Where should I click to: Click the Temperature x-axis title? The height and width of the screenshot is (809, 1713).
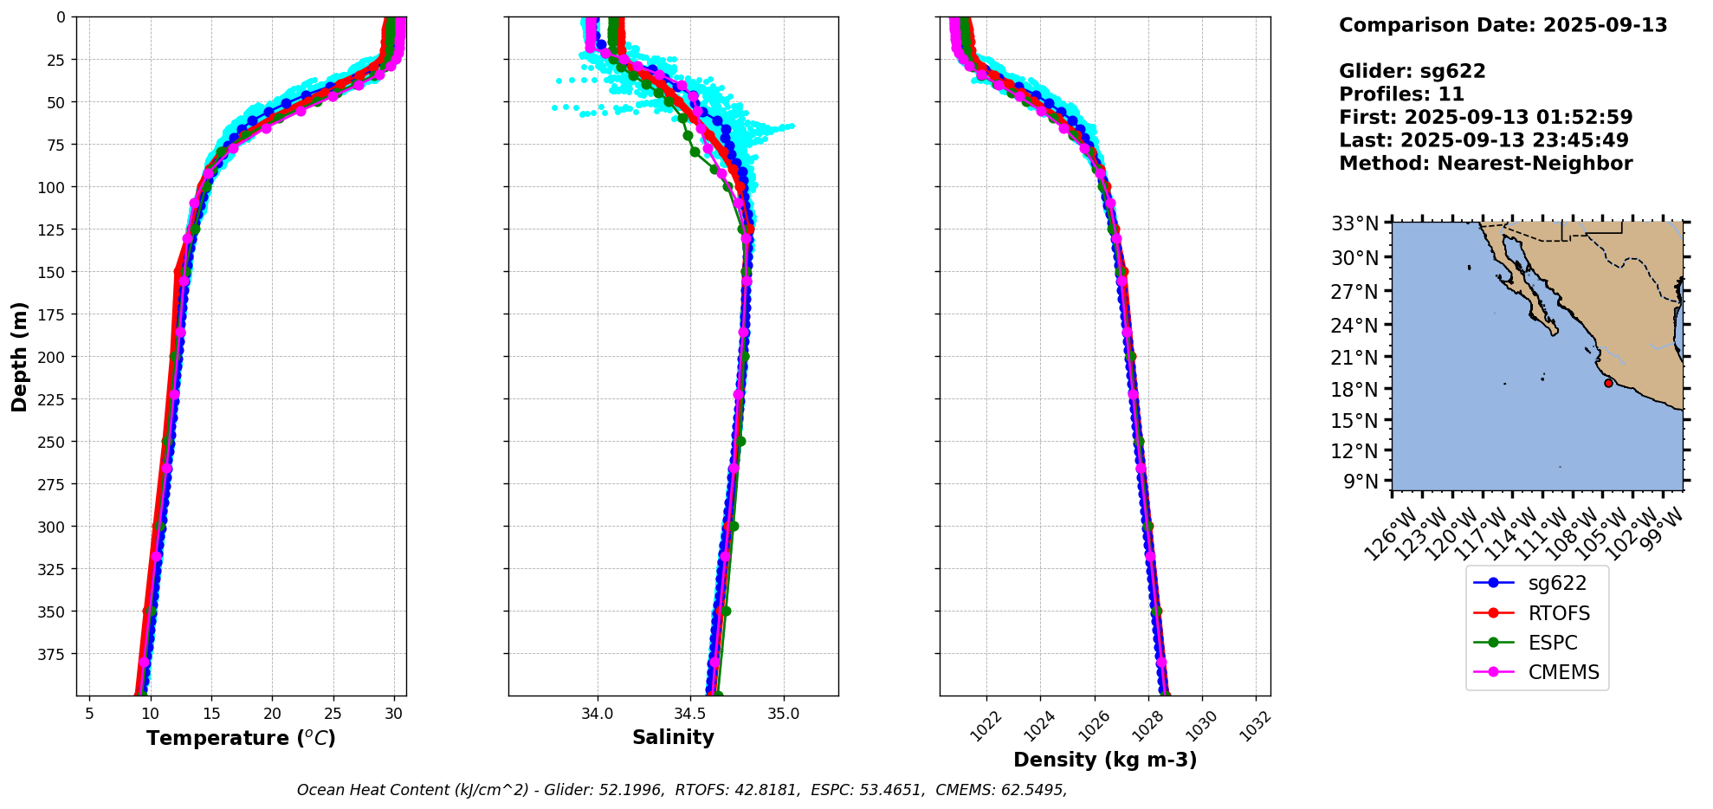241,739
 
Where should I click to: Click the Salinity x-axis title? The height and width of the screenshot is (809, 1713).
673,738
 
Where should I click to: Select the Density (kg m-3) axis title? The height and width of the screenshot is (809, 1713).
1105,760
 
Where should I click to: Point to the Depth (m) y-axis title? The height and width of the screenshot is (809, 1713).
20,356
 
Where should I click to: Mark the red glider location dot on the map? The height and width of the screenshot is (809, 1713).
1608,383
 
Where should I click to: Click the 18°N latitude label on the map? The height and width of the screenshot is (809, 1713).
1354,390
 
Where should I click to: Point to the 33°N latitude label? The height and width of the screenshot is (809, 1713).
1354,224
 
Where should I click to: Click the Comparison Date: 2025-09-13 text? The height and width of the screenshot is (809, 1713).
1503,25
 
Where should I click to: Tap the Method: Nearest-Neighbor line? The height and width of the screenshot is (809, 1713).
1485,164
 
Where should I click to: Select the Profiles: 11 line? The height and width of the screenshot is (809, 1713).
1401,94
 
